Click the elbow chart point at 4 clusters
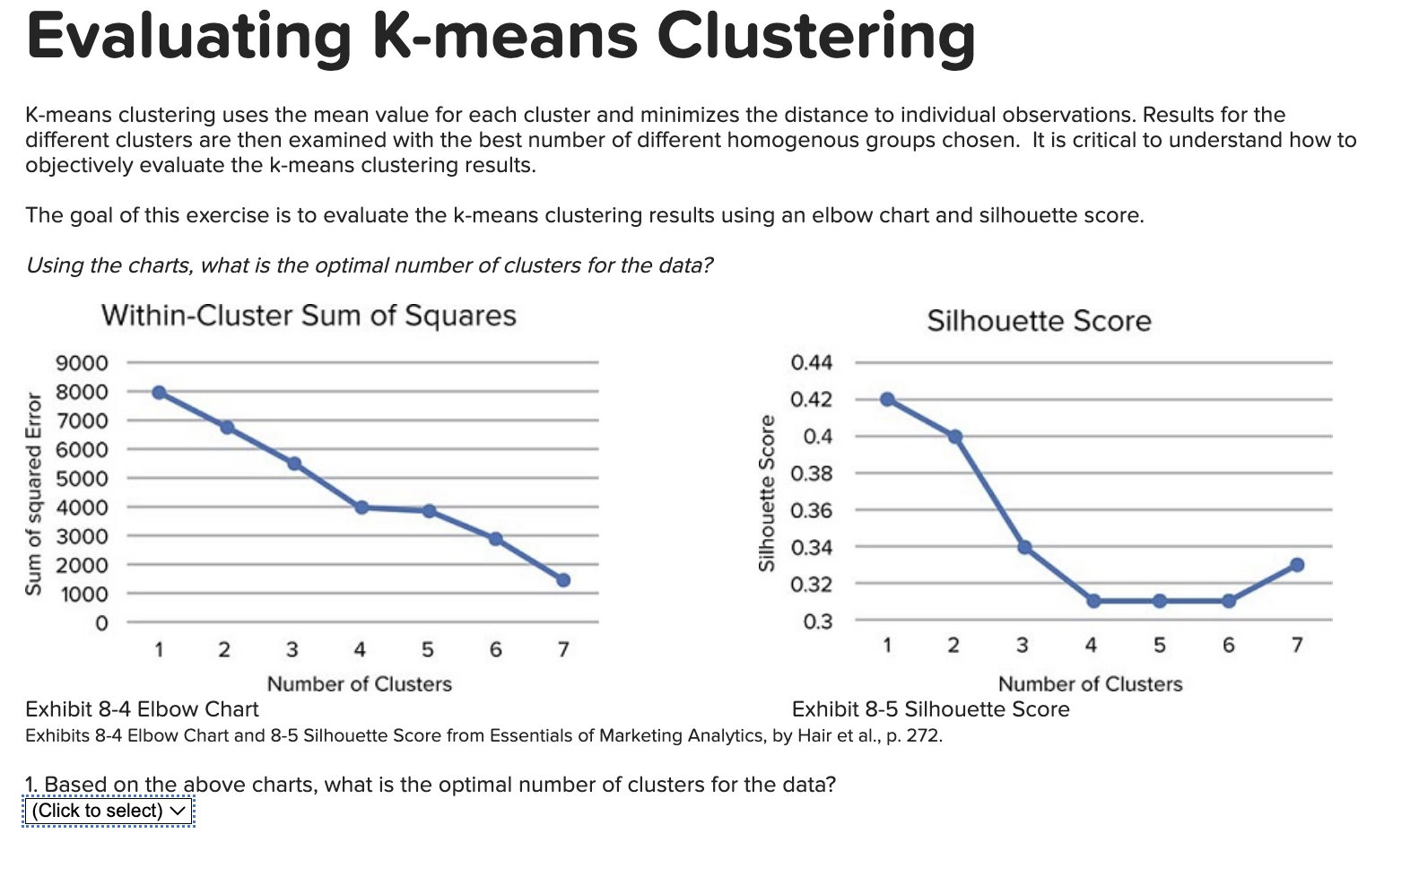click(x=361, y=508)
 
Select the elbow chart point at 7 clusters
click(x=563, y=580)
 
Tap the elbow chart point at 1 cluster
click(x=159, y=393)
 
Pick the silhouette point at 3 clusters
click(x=1024, y=547)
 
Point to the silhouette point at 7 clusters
click(x=1297, y=565)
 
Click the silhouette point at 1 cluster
click(x=887, y=399)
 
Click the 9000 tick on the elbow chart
click(x=82, y=363)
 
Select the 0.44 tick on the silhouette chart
click(x=811, y=362)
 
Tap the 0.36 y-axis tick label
click(x=811, y=510)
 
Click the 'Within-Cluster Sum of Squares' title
click(x=309, y=316)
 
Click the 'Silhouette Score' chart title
click(x=1039, y=321)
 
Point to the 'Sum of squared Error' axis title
click(x=34, y=493)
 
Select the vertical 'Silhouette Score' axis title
click(x=766, y=493)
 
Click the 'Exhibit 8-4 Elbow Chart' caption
click(x=142, y=709)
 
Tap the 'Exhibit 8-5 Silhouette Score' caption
click(x=930, y=709)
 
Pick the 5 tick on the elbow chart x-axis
click(x=428, y=649)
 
